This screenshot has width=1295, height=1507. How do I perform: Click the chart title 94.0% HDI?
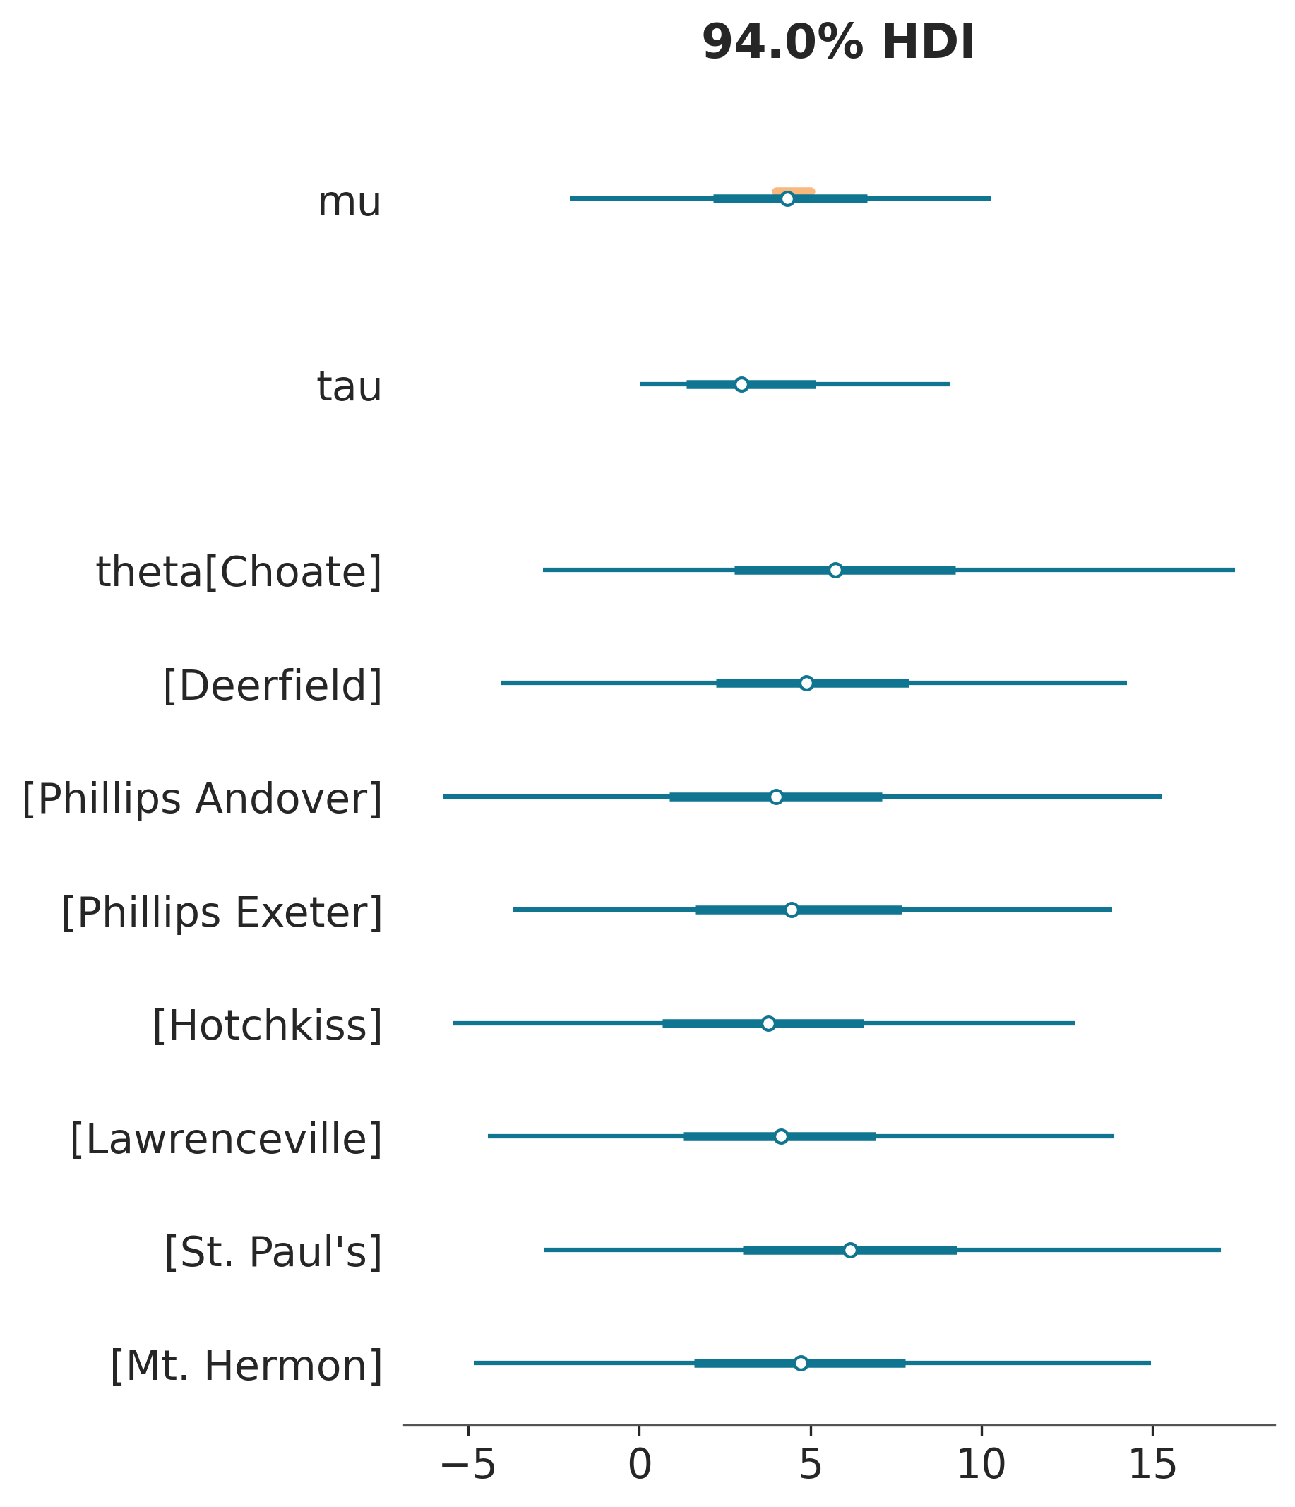tap(837, 43)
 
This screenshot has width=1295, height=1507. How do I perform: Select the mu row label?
tap(349, 203)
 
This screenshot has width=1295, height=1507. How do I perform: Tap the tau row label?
tap(349, 387)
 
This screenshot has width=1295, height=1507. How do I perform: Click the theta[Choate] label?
tap(239, 573)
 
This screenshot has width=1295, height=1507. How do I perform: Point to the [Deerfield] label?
tap(272, 686)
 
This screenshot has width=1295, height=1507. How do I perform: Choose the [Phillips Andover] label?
tap(202, 799)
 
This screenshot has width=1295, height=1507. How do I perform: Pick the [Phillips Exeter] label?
tap(222, 912)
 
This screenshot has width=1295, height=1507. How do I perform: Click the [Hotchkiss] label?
tap(267, 1025)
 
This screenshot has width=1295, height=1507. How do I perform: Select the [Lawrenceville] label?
tap(225, 1139)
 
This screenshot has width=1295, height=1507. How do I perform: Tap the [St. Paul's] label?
tap(273, 1253)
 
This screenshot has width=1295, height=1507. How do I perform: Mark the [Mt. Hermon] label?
tap(246, 1366)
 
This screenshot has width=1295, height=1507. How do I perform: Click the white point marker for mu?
tap(787, 198)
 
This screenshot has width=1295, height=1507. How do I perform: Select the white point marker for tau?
tap(741, 384)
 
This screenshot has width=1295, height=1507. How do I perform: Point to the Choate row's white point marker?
tap(835, 570)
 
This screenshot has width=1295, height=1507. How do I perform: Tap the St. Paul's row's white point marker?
tap(850, 1250)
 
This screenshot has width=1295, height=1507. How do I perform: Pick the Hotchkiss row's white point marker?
tap(768, 1023)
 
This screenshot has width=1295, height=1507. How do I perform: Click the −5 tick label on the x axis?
tap(468, 1465)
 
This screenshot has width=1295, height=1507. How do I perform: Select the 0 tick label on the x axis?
tap(639, 1465)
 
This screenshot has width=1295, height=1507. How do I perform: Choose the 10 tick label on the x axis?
tap(981, 1465)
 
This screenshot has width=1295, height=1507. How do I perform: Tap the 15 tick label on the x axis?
tap(1152, 1465)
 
